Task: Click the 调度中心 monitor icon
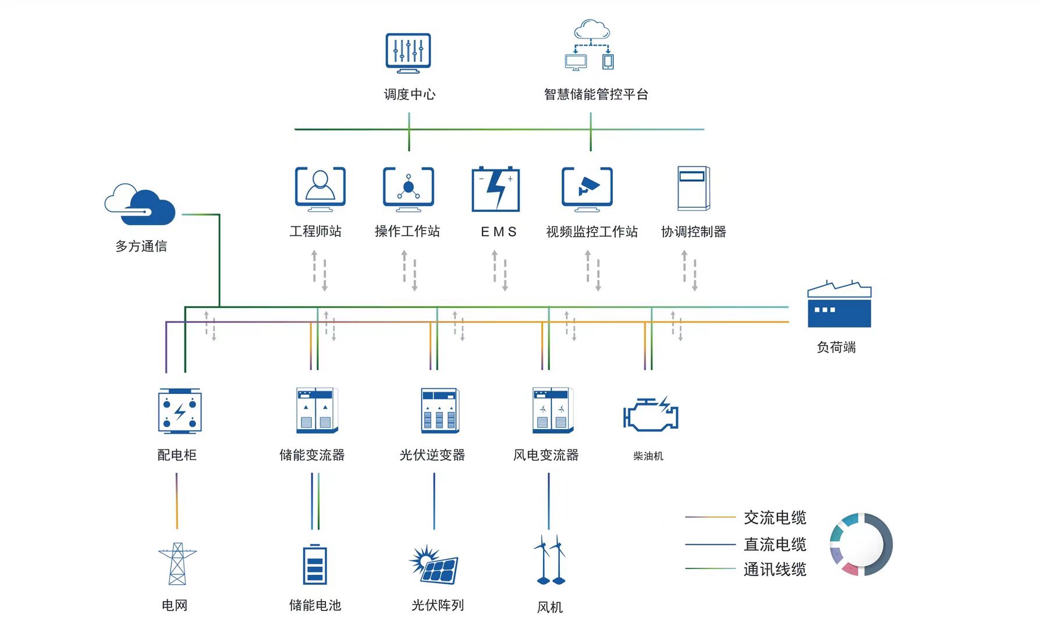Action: click(x=408, y=52)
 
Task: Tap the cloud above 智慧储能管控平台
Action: click(x=591, y=29)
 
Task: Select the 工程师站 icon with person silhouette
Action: click(x=320, y=188)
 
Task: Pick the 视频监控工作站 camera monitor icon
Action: click(x=587, y=188)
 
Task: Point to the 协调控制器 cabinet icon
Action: click(x=693, y=188)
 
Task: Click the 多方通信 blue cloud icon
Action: click(x=141, y=205)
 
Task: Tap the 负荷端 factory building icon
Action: click(x=839, y=305)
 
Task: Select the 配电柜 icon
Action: click(x=179, y=411)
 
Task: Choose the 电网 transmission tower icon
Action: click(x=177, y=564)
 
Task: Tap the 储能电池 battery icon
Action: click(x=315, y=564)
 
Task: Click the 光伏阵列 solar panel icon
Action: click(x=435, y=564)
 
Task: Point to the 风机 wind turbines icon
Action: click(x=549, y=560)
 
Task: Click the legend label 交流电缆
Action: click(x=775, y=517)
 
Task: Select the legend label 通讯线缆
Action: click(x=775, y=569)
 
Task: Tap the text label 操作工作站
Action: click(x=407, y=232)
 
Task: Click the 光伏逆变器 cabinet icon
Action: click(x=440, y=410)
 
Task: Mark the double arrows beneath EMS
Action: click(x=500, y=271)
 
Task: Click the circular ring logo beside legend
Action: click(x=861, y=545)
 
